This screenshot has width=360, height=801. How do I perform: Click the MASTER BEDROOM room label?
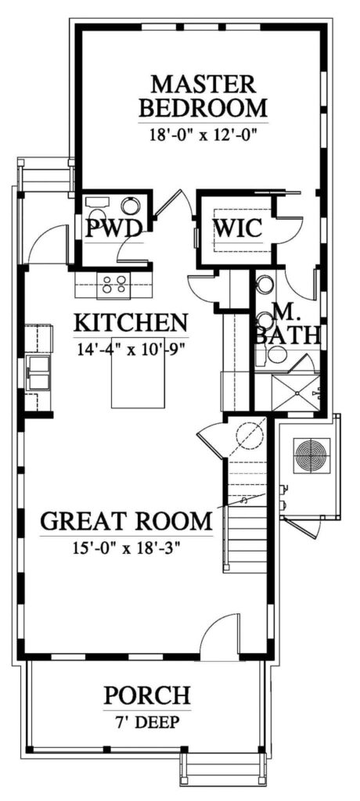203,95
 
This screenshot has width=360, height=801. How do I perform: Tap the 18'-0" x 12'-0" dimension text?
203,135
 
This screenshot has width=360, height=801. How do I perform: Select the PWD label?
113,228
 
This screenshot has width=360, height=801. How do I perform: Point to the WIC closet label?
238,228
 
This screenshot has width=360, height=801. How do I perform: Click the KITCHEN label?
131,323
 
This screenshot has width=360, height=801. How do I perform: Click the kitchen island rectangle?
138,373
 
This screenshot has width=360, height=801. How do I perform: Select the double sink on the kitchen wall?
38,373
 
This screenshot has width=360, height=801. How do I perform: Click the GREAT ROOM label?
126,521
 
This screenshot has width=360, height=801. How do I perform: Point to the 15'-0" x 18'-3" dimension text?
126,548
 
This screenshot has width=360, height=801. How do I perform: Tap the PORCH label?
147,695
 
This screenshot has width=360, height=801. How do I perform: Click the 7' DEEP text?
147,722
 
